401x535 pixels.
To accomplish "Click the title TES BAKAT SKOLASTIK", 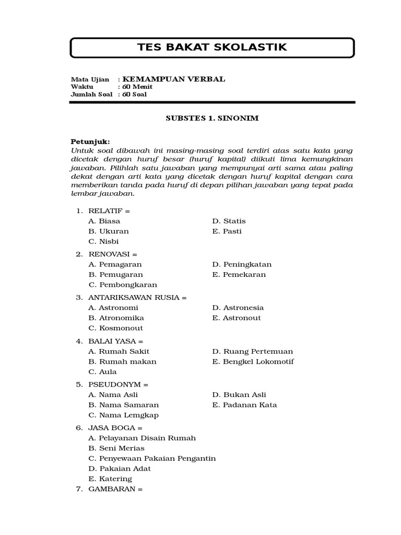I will coord(212,48).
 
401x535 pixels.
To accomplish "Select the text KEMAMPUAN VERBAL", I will coord(173,79).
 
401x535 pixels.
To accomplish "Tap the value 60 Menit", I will coord(134,87).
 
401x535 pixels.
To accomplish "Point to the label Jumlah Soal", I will coord(91,95).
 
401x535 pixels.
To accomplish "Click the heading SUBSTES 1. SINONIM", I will coord(212,118).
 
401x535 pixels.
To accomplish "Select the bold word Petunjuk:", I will coord(90,142).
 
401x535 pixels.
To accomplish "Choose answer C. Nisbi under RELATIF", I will coord(103,241).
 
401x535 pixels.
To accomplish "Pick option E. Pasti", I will coord(227,231).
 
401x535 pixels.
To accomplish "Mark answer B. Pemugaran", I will coord(115,274).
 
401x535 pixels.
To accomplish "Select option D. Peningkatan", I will coord(242,264).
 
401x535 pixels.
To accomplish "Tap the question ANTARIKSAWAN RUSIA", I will coord(137,298).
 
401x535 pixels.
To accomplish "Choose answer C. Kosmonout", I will coord(115,328).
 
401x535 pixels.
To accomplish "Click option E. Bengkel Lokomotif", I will coord(253,362).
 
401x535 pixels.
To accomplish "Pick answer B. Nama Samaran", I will coord(123,405).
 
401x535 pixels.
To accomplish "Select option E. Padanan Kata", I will coord(244,405).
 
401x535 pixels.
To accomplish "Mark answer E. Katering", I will coord(110,479).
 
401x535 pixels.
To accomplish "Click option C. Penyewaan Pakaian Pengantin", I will coord(152,458).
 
